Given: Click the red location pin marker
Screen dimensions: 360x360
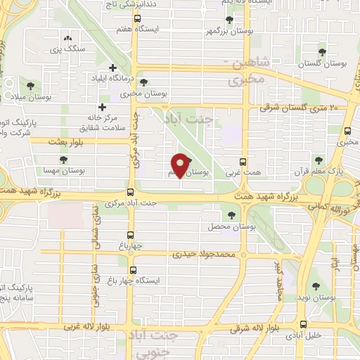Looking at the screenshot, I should coord(181,165).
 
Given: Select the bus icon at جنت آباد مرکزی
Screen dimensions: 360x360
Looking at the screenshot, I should coord(131,192).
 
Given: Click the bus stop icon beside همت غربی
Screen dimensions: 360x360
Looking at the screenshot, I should coord(243,161).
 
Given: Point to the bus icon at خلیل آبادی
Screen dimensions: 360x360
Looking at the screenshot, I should coord(304,325).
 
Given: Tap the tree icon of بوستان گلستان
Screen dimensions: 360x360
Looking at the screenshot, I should coord(322,52).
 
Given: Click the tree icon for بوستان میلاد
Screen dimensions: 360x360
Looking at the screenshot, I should coord(30,84).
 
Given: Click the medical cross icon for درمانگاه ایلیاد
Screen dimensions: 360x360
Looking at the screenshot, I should coord(113,67).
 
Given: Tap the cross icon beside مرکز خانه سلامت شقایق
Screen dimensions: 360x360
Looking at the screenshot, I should coord(103,108).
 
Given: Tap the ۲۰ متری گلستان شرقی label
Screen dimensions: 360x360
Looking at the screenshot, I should coord(299,107).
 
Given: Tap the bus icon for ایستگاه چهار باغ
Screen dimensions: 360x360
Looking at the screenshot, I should coord(131,269).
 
